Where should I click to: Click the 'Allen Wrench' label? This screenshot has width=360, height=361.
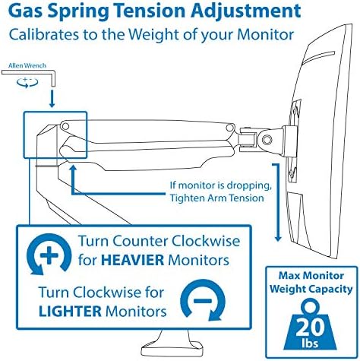pos(27,65)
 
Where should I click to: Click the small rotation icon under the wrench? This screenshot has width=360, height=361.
pos(27,82)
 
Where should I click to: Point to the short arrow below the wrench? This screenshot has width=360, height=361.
pos(52,99)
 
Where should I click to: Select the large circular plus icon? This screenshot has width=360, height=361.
pos(49,254)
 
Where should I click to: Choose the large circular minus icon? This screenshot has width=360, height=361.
pos(203,301)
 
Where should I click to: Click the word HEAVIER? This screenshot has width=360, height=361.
pos(132,260)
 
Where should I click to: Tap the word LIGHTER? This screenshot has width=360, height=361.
pos(70,311)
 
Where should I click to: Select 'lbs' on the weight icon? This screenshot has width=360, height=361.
pos(310,343)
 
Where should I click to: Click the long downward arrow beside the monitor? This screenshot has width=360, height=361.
pos(277,202)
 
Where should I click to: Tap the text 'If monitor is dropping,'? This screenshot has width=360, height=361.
pos(220,185)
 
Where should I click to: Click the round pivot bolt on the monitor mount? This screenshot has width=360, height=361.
pos(267,139)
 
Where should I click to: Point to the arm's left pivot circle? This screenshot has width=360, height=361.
pos(65,125)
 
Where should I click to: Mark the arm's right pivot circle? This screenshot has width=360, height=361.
pos(229,128)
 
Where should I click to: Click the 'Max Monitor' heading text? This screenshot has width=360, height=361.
pos(311,276)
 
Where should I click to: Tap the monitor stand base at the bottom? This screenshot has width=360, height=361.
pos(172,347)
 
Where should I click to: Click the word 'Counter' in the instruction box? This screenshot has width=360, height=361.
pos(141,241)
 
